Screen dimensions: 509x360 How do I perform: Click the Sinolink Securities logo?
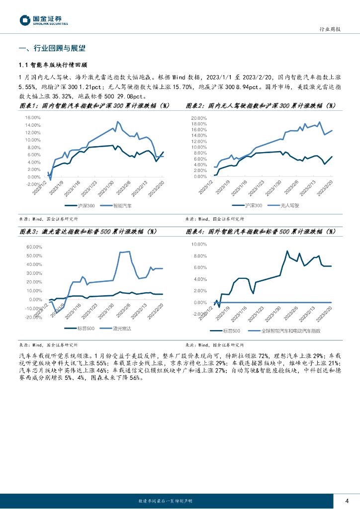[43, 20]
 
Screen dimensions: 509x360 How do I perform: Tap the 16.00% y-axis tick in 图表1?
[32, 118]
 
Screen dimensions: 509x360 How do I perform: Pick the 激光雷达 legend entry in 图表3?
[121, 329]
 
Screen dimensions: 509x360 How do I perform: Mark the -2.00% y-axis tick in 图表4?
[199, 314]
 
